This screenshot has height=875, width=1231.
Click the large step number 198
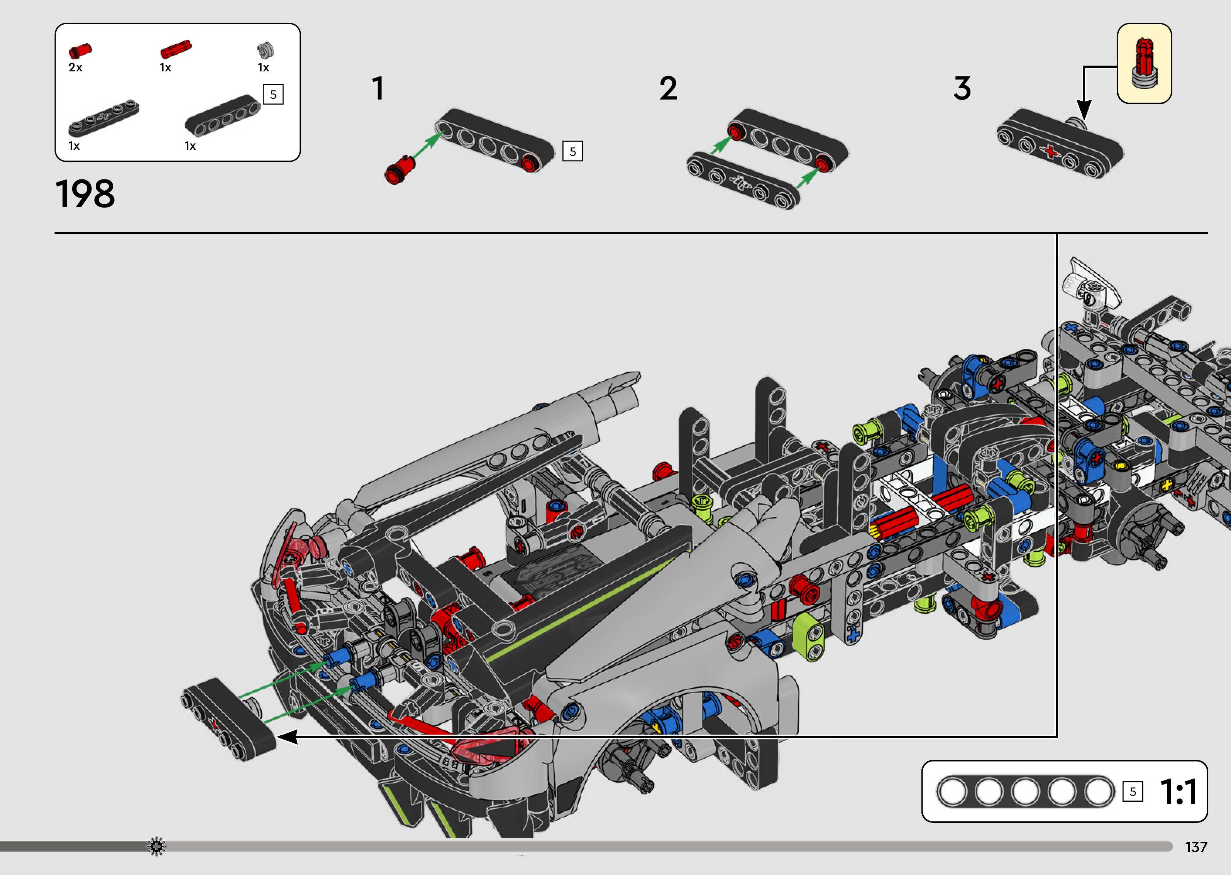pos(85,194)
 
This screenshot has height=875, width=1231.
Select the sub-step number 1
pos(378,88)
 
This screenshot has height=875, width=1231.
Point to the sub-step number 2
pos(668,88)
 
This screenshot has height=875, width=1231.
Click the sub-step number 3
pos(962,88)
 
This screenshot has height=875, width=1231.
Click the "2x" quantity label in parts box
pos(75,68)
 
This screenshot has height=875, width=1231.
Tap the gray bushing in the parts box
pos(266,50)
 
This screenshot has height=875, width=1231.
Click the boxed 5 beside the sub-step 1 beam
pos(572,151)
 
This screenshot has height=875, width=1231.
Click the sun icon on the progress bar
pos(157,846)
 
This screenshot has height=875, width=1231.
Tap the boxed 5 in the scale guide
pos(1132,792)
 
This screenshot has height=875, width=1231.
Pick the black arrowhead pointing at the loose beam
pos(287,736)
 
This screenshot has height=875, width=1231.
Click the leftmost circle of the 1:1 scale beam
pos(952,792)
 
